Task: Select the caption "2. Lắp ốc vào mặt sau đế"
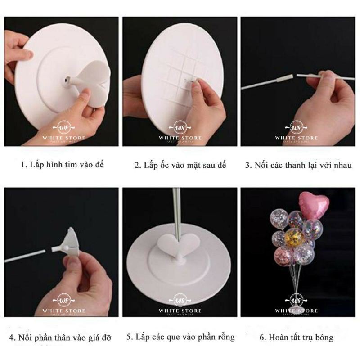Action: tap(181, 165)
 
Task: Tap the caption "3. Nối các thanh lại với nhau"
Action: tap(299, 165)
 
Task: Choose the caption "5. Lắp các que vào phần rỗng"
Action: tap(181, 337)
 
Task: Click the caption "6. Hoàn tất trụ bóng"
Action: tap(299, 337)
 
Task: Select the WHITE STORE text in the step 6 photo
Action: tap(299, 310)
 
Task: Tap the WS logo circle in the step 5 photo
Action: tap(181, 300)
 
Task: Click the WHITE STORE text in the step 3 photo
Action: tap(299, 138)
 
